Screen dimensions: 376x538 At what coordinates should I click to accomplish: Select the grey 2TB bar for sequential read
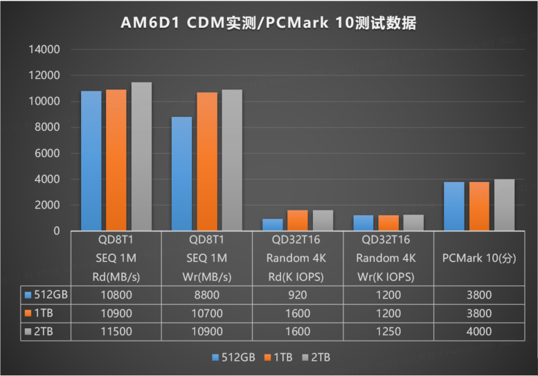pyautogui.click(x=141, y=156)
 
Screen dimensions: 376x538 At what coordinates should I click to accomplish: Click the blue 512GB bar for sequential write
pyautogui.click(x=181, y=173)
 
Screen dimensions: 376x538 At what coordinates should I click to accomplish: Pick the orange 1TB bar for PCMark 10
pyautogui.click(x=479, y=206)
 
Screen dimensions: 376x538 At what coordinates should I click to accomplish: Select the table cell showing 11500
pyautogui.click(x=116, y=332)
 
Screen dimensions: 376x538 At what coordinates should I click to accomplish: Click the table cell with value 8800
pyautogui.click(x=206, y=295)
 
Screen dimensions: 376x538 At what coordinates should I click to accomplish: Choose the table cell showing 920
pyautogui.click(x=297, y=295)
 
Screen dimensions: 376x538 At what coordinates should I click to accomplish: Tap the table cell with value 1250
pyautogui.click(x=388, y=332)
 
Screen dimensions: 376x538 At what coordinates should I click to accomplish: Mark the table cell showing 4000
pyautogui.click(x=478, y=332)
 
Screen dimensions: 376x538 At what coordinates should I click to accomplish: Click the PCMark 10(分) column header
pyautogui.click(x=478, y=258)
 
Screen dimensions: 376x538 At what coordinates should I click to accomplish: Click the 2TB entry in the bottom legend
pyautogui.click(x=316, y=357)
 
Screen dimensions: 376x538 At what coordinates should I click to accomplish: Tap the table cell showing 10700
pyautogui.click(x=206, y=314)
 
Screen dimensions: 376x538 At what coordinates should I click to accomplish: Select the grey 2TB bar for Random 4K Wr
pyautogui.click(x=413, y=222)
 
